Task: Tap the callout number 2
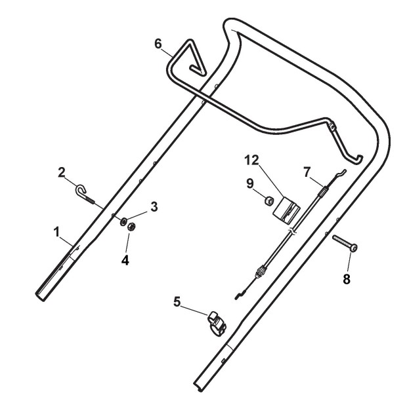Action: [61, 172]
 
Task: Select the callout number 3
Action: [154, 208]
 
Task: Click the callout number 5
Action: [176, 303]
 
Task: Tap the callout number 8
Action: [347, 278]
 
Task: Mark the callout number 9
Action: [251, 184]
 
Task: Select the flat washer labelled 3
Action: [123, 219]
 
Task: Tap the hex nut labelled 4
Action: [130, 227]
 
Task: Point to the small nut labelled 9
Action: [268, 201]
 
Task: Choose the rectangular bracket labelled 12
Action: [288, 210]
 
